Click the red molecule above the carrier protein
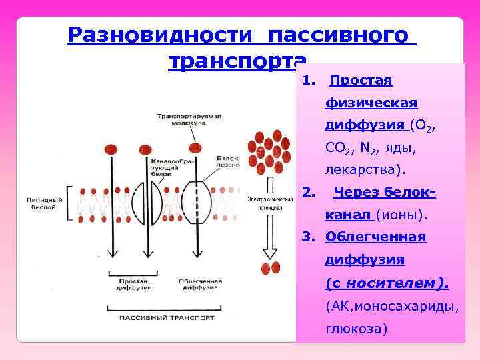[195, 148]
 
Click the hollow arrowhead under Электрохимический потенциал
[271, 252]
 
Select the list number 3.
[308, 237]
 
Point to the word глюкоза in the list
[356, 329]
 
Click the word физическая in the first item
[371, 103]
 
